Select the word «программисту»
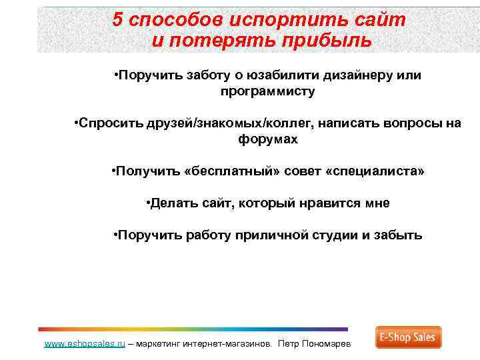(267, 92)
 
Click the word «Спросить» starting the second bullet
(107, 123)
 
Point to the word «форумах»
(267, 140)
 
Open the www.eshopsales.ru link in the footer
(85, 344)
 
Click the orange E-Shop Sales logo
(408, 337)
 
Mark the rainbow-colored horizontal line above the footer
(193, 329)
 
